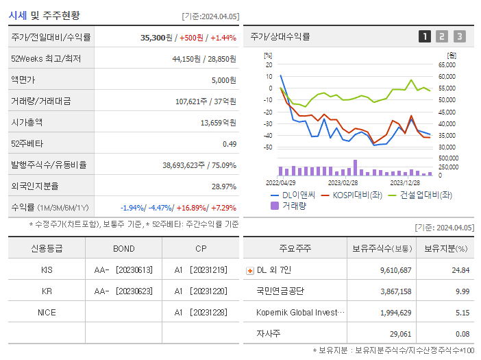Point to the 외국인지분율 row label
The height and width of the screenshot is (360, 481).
click(35, 186)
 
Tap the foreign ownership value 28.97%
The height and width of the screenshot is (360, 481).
click(223, 186)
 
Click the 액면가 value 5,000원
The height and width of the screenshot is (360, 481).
click(223, 80)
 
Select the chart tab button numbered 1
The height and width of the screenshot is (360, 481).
click(425, 36)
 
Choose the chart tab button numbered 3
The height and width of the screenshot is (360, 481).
click(459, 36)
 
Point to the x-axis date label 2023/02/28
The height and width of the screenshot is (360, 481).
click(343, 182)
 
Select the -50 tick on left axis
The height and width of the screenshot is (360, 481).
click(268, 147)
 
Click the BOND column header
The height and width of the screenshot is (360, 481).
click(123, 248)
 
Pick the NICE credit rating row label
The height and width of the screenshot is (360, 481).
click(47, 312)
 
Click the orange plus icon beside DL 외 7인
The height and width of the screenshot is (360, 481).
click(249, 270)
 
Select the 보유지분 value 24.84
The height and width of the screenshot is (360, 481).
click(460, 270)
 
